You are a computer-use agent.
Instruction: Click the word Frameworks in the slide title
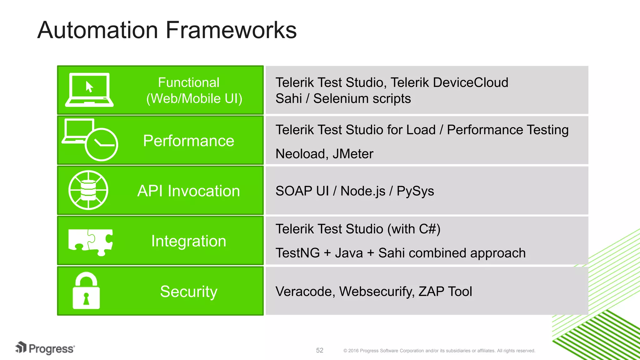[231, 30]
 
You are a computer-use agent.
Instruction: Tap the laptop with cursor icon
[89, 90]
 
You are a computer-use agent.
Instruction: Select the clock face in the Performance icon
[102, 144]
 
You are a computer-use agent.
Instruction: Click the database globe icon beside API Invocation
[88, 190]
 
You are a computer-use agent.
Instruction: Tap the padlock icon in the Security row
[86, 291]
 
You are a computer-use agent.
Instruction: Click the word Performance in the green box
[188, 141]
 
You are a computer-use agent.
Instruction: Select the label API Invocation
[188, 191]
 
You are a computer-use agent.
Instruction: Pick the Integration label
[188, 241]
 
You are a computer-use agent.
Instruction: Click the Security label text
[188, 292]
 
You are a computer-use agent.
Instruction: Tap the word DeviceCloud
[471, 82]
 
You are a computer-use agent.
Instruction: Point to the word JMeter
[353, 154]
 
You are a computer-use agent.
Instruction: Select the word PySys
[415, 191]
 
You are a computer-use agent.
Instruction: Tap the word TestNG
[297, 253]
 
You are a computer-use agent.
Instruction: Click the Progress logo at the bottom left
[45, 348]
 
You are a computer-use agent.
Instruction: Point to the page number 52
[319, 350]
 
